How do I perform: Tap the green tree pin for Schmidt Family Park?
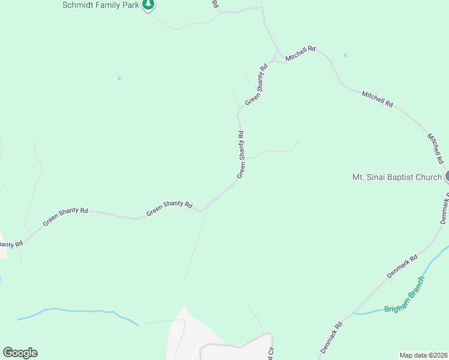[x=148, y=5]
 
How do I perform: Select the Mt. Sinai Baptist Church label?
[x=397, y=177]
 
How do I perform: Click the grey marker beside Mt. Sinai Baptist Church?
[x=447, y=177]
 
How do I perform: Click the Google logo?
[x=20, y=353]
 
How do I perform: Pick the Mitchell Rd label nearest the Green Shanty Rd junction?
[x=301, y=53]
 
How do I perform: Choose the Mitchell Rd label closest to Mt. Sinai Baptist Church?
[x=435, y=149]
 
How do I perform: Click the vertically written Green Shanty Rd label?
[x=241, y=155]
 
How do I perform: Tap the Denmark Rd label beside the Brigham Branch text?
[x=402, y=267]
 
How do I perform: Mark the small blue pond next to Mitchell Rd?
[x=345, y=56]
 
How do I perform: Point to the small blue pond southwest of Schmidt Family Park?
[x=119, y=78]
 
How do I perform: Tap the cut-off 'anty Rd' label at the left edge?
[x=10, y=244]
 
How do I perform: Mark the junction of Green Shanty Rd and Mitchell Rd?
[x=276, y=60]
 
